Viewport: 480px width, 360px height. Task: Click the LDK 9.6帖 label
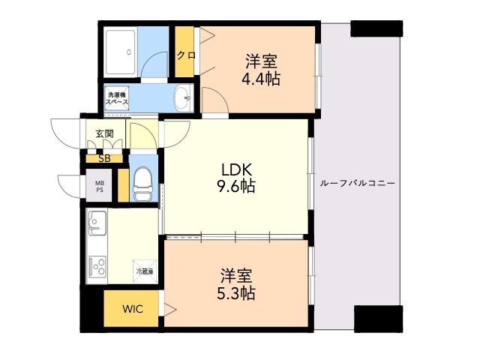tap(237, 177)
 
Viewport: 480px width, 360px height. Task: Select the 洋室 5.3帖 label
tap(237, 283)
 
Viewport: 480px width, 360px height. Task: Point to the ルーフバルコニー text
tap(357, 183)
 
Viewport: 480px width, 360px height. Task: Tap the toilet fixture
tap(141, 184)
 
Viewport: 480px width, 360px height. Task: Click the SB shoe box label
tap(104, 158)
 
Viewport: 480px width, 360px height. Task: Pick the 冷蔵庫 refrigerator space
tap(144, 271)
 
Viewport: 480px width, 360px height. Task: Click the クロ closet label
tap(185, 54)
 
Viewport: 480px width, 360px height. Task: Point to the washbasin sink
tap(181, 97)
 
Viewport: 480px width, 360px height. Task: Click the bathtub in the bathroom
tap(121, 52)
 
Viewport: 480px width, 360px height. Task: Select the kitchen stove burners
tap(98, 265)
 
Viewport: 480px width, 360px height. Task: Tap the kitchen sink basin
tap(98, 223)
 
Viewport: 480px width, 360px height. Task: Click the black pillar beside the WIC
tap(91, 310)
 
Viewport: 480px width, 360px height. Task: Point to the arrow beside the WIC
tap(170, 307)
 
